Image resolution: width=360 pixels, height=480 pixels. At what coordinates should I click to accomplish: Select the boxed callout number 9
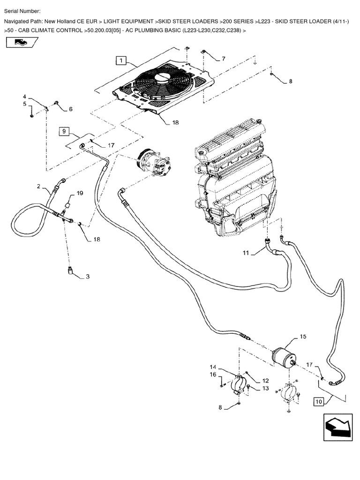(x=65, y=131)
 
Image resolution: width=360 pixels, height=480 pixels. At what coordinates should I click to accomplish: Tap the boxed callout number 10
(x=319, y=401)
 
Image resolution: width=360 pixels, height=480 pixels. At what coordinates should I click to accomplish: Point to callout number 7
(x=223, y=59)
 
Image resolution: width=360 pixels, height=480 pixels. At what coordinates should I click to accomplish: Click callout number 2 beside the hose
(x=38, y=186)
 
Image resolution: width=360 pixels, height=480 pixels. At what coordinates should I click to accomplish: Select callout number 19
(x=80, y=193)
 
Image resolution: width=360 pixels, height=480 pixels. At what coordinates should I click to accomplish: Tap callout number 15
(x=303, y=337)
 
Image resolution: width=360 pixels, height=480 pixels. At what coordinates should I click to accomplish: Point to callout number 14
(x=213, y=367)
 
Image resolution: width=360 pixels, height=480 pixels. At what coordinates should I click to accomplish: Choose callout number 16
(x=213, y=374)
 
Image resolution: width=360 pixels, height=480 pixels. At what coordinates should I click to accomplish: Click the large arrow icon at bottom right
(x=337, y=427)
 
